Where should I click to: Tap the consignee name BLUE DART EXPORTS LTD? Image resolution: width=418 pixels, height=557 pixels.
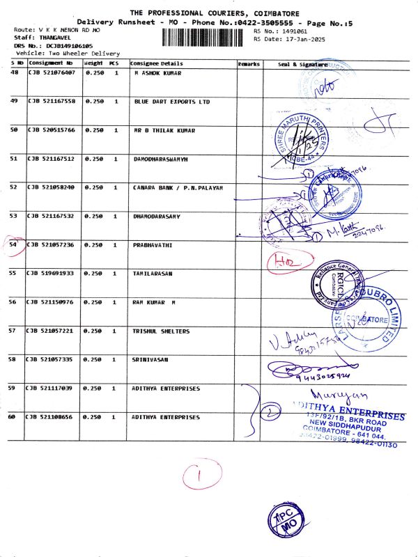[171, 102]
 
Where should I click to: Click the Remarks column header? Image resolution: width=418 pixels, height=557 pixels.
[249, 63]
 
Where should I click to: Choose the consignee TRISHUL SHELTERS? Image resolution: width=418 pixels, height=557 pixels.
[161, 331]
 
